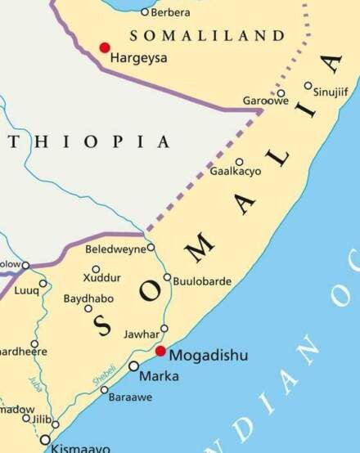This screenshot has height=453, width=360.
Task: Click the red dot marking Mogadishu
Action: pyautogui.click(x=160, y=351)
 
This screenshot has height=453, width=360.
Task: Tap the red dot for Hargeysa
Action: pyautogui.click(x=104, y=47)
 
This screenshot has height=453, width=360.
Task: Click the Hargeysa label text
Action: pyautogui.click(x=138, y=57)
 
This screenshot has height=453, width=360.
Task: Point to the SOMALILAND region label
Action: pyautogui.click(x=208, y=35)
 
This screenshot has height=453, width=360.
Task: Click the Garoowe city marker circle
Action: pyautogui.click(x=281, y=92)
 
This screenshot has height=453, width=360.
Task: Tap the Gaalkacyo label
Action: pyautogui.click(x=236, y=172)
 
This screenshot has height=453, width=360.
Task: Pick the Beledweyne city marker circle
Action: pyautogui.click(x=151, y=247)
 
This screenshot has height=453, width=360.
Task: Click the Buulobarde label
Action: pyautogui.click(x=202, y=281)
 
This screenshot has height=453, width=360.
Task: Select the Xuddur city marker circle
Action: pyautogui.click(x=96, y=269)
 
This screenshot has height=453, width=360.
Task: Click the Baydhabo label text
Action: pyautogui.click(x=88, y=298)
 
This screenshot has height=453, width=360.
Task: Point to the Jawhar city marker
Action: pyautogui.click(x=164, y=329)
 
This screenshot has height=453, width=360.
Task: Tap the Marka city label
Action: pyautogui.click(x=159, y=376)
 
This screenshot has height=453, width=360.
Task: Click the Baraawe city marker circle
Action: pyautogui.click(x=104, y=389)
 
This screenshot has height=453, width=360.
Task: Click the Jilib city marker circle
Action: pyautogui.click(x=56, y=424)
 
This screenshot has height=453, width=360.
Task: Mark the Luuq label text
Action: pyautogui.click(x=26, y=290)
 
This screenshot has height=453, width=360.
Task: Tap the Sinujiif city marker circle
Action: pyautogui.click(x=308, y=85)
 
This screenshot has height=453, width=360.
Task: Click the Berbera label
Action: pyautogui.click(x=171, y=11)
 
